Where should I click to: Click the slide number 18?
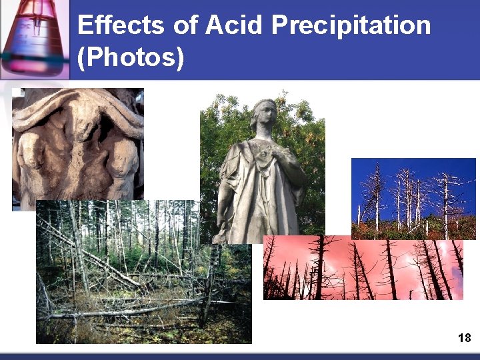point(465,338)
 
